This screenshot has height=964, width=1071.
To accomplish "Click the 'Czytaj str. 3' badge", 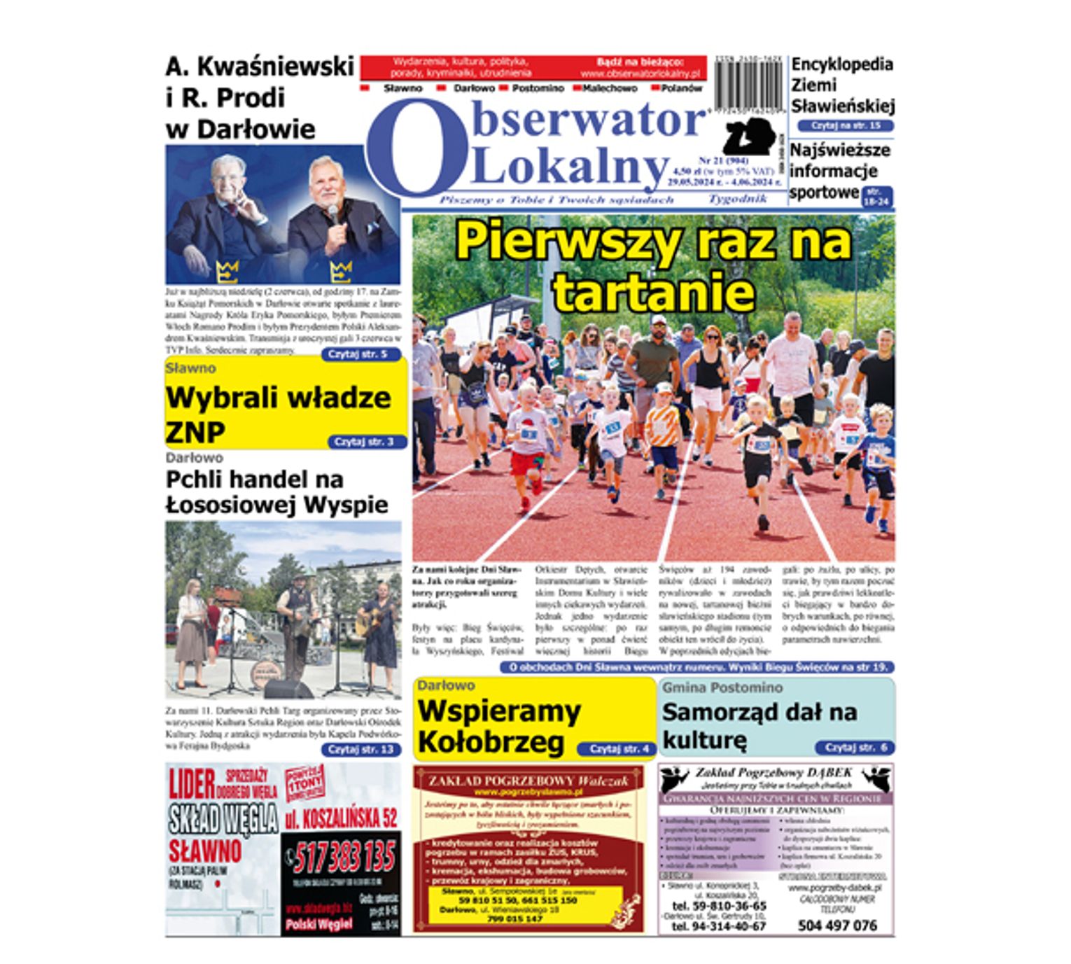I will click(x=365, y=442).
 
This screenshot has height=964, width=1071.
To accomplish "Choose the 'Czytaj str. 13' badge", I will click(x=361, y=750).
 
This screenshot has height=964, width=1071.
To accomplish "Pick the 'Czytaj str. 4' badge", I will click(x=615, y=749).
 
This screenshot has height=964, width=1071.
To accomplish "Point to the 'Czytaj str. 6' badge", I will click(x=854, y=748).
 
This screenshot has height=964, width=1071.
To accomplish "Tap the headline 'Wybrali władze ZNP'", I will click(x=279, y=414).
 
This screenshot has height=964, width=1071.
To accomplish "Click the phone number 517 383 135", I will click(x=344, y=857).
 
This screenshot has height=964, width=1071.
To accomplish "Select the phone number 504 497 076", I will click(x=837, y=925).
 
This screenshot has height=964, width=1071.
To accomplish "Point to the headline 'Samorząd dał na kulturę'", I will click(x=759, y=725).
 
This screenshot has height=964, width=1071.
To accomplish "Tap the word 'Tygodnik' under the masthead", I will click(x=736, y=199).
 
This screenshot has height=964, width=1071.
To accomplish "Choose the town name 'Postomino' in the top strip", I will click(x=538, y=89).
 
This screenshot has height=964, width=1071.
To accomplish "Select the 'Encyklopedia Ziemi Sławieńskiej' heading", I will click(x=842, y=85).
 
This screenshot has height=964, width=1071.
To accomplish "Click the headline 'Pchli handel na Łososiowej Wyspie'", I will click(x=276, y=492).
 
